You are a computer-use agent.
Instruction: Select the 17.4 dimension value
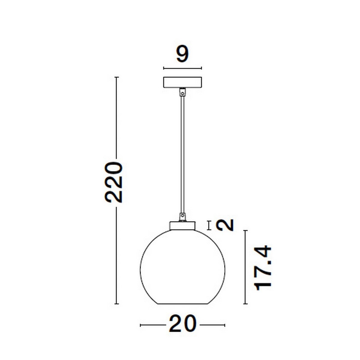coord(263,268)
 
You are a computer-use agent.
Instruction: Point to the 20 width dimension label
coord(182,324)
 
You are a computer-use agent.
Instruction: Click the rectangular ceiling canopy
coord(182,82)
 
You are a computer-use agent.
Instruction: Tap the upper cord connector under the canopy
coord(182,92)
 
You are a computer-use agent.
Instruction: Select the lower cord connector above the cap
coord(182,217)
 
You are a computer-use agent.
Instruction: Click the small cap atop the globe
coord(182,226)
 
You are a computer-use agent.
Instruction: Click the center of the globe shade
coord(182,267)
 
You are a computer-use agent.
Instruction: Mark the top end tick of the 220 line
coord(117,77)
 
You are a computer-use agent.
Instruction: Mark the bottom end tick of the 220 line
coord(117,304)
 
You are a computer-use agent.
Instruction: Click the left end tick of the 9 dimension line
coord(163,68)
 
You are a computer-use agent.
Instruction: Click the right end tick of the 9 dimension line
coord(201,68)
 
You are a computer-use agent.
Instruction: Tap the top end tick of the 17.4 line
coord(245,231)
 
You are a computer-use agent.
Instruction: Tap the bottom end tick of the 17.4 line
coord(245,304)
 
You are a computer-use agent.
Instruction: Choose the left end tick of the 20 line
coord(140,325)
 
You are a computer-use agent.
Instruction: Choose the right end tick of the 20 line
coord(224,325)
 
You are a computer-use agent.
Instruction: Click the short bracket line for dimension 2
coord(209,225)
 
